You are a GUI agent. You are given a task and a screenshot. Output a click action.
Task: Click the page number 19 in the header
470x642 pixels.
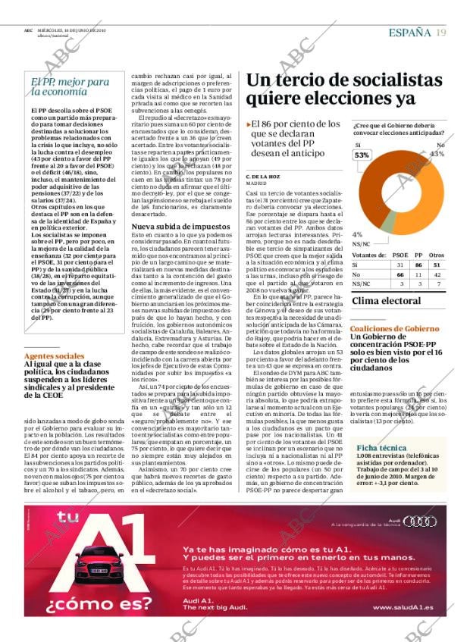pos(441,32)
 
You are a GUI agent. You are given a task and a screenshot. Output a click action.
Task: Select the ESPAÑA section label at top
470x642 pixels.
pos(410,32)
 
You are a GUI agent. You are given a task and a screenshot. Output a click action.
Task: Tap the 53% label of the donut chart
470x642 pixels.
pos(363,155)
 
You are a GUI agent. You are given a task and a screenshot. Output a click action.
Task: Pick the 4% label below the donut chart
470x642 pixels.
pos(357,234)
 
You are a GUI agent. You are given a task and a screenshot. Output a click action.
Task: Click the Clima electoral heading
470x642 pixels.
pos(386,301)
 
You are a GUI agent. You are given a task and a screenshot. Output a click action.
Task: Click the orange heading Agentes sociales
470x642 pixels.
pos(55,355)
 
